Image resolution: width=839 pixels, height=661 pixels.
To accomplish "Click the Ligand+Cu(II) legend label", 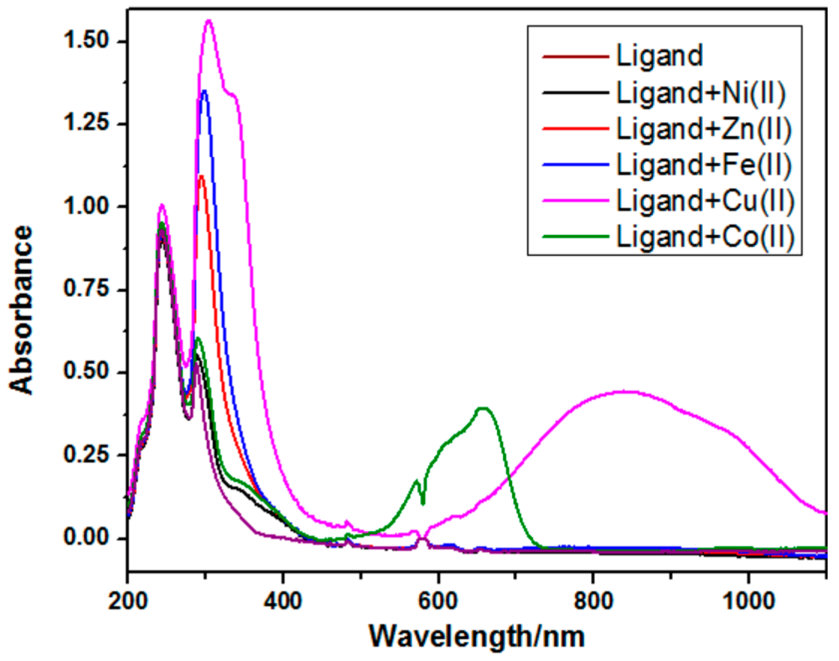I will click(x=705, y=201).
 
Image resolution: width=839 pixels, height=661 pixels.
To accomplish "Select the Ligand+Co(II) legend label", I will click(x=705, y=237).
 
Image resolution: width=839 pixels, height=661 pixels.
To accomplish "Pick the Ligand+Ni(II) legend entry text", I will click(x=701, y=93).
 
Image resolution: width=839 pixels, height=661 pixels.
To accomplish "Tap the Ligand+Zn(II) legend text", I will click(x=704, y=129).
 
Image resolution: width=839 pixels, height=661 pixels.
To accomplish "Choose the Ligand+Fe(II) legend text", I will click(x=704, y=165).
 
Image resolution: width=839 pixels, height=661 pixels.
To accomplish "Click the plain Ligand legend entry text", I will click(x=660, y=56).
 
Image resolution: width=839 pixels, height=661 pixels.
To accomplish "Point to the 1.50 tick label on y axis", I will click(x=86, y=41).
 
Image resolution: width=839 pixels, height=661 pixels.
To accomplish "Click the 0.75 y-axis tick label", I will click(x=86, y=289).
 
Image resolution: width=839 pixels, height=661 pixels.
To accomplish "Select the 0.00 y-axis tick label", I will click(x=86, y=538).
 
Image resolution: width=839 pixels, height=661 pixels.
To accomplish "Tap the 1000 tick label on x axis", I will click(x=748, y=601).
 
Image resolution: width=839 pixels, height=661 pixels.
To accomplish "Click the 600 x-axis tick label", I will click(x=438, y=601).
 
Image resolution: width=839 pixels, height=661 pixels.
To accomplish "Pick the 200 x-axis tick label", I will click(x=128, y=601).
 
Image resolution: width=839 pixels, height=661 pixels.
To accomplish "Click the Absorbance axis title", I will click(x=21, y=310).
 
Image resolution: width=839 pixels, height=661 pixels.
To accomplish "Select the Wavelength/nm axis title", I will click(x=477, y=636).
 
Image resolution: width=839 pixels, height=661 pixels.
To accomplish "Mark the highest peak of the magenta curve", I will click(x=209, y=20).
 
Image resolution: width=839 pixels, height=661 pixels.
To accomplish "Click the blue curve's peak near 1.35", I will click(x=204, y=91).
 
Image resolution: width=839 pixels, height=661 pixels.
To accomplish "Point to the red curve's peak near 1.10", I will click(x=201, y=176).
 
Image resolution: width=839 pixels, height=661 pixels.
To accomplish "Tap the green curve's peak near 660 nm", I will click(x=483, y=408).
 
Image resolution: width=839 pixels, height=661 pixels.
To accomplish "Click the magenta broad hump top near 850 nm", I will click(x=626, y=392).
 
